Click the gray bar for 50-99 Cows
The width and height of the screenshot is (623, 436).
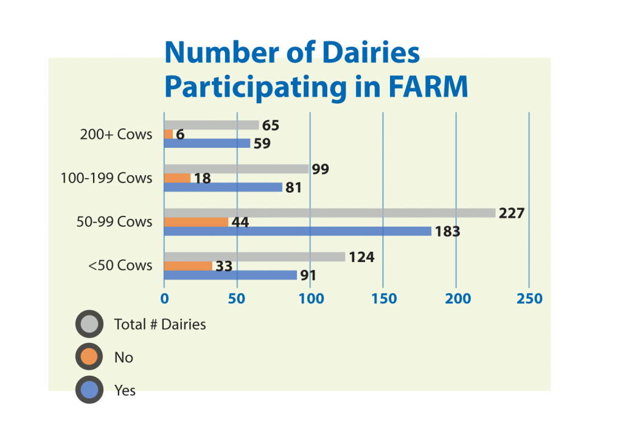click(330, 213)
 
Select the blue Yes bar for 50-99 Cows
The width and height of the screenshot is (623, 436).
click(298, 231)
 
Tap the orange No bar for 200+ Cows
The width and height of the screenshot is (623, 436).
click(169, 134)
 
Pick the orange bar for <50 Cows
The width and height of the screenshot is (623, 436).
click(189, 266)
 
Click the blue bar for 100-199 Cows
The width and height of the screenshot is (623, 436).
click(223, 187)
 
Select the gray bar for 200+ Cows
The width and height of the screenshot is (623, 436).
click(211, 125)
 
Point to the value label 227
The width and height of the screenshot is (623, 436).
click(512, 213)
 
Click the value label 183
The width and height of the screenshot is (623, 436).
click(447, 232)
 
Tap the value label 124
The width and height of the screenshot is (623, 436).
click(361, 257)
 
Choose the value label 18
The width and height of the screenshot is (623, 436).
click(202, 178)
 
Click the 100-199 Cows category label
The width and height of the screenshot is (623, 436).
click(106, 178)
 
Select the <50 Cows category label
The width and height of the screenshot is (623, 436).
click(120, 265)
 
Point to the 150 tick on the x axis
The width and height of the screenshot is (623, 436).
click(384, 299)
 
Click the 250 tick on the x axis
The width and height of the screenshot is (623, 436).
click(530, 299)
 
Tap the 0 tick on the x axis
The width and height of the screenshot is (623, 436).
click(164, 299)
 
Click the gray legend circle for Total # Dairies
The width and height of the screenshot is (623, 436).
click(89, 324)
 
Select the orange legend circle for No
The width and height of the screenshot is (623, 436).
click(89, 357)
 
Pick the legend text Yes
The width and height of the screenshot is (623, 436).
click(125, 390)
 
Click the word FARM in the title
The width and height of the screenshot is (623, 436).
click(428, 86)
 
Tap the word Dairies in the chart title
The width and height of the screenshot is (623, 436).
click(371, 52)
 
